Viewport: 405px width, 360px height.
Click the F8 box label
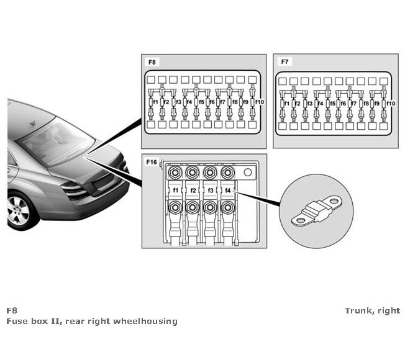tap(152, 63)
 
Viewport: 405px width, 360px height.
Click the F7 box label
tap(285, 63)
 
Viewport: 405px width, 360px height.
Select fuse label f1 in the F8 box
tap(155, 101)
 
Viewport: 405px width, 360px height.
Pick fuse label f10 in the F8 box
tap(260, 101)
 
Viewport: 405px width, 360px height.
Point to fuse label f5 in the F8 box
tap(202, 101)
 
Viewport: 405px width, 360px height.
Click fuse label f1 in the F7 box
tap(287, 103)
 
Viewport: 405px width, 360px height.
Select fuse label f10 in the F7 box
tap(391, 103)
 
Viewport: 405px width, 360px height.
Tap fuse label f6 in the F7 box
tap(343, 103)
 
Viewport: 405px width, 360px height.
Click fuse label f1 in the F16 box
tap(176, 190)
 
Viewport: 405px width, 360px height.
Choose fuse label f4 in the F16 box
tap(228, 190)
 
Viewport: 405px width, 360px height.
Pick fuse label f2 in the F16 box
tap(193, 190)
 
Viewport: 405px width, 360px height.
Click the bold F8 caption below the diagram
tap(11, 310)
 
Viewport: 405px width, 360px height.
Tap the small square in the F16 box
tap(247, 173)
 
